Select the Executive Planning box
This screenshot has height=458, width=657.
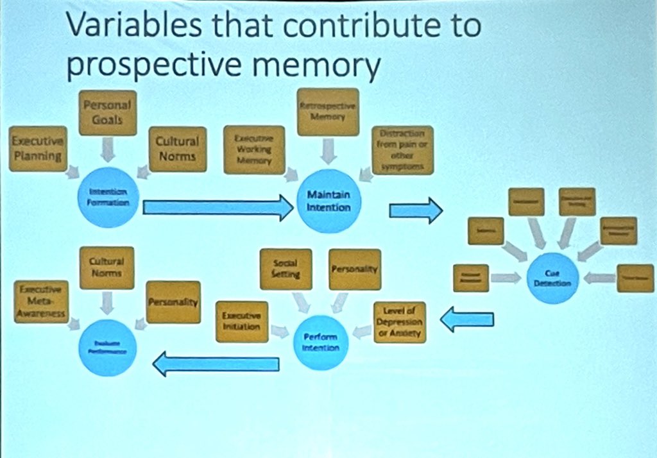coord(38,148)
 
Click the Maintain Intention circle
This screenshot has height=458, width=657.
coord(329,201)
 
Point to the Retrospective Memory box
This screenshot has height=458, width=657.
coord(328,112)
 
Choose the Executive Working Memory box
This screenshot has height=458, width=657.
coord(254,150)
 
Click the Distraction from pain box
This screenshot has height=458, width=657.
coord(403,150)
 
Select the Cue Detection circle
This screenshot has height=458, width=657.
coord(552,277)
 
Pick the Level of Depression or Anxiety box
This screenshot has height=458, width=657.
coord(398,321)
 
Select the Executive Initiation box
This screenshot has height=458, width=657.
coord(242,321)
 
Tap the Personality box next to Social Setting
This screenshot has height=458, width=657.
coord(354,269)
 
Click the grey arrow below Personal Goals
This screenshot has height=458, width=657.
coord(107,150)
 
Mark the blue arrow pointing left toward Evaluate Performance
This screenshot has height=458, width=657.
coord(215,364)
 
